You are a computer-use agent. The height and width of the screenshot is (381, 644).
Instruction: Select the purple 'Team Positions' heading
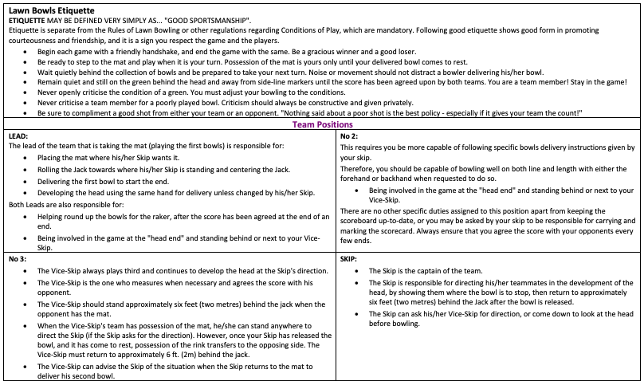tap(323, 124)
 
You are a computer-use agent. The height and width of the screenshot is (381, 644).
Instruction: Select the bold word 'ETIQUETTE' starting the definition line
tap(29, 19)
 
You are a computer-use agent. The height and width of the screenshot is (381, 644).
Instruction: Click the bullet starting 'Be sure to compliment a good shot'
tap(311, 113)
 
